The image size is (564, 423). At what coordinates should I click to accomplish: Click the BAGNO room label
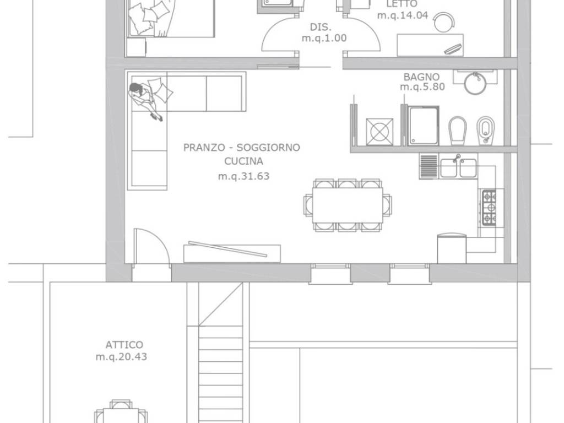click(x=421, y=77)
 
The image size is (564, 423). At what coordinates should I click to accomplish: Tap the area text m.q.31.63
click(x=243, y=176)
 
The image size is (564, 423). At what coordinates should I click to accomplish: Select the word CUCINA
click(x=243, y=161)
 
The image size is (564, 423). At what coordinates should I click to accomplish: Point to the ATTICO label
click(x=124, y=345)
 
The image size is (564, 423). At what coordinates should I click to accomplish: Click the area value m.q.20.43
click(x=121, y=357)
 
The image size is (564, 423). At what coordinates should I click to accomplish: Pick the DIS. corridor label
click(x=321, y=27)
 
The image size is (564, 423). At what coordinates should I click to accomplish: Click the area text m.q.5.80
click(x=422, y=86)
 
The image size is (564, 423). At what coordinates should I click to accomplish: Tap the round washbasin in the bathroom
click(x=475, y=83)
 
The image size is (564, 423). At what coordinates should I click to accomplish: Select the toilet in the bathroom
click(x=457, y=130)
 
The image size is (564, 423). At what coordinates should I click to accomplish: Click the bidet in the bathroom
click(x=486, y=130)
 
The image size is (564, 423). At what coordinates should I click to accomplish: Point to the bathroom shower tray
click(x=424, y=126)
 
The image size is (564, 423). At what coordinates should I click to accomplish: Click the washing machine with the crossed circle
click(x=379, y=132)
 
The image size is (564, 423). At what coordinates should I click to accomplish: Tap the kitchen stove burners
click(x=489, y=208)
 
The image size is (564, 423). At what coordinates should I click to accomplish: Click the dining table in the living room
click(x=348, y=205)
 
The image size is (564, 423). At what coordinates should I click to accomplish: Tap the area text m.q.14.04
click(x=403, y=15)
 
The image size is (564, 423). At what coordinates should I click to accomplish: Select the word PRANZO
click(x=204, y=148)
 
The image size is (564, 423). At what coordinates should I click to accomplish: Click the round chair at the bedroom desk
click(x=444, y=22)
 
